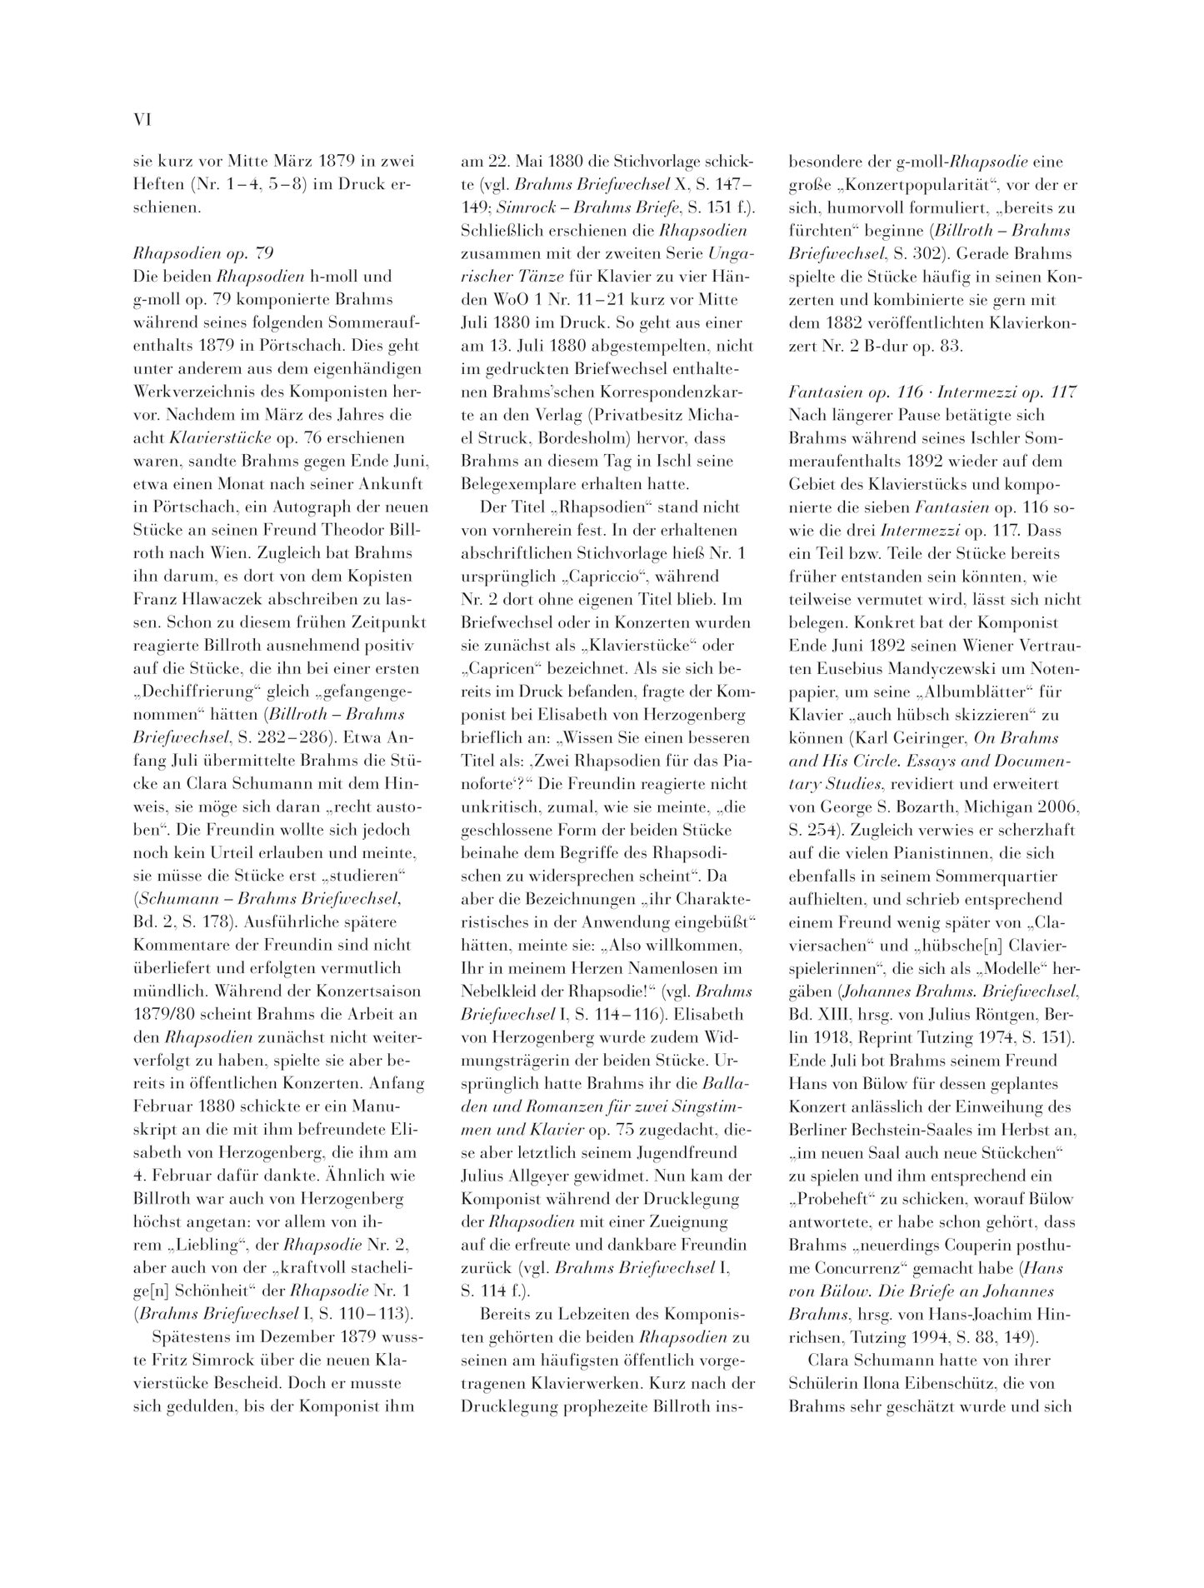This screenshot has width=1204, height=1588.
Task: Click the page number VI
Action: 142,121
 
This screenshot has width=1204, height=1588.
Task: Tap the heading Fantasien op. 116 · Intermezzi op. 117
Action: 932,392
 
